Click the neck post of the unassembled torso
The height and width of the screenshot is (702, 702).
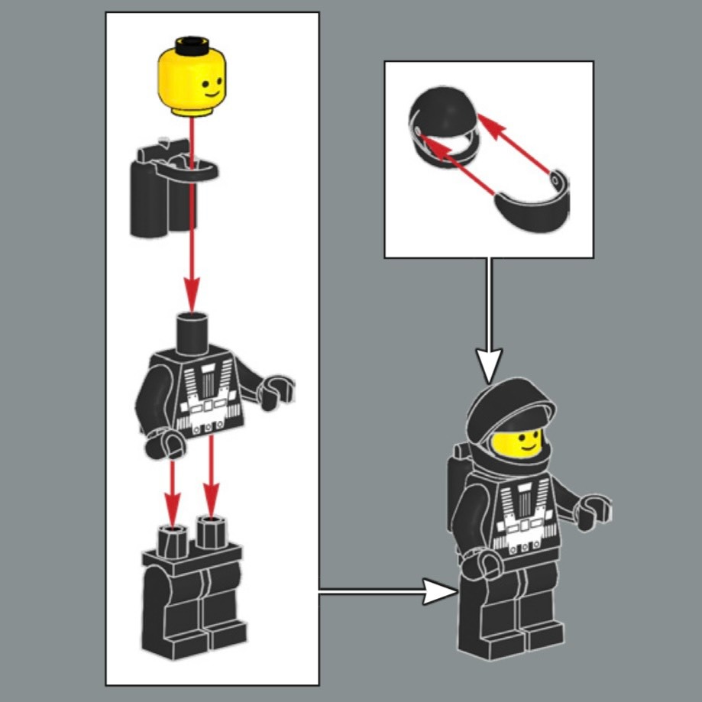click(x=192, y=330)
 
